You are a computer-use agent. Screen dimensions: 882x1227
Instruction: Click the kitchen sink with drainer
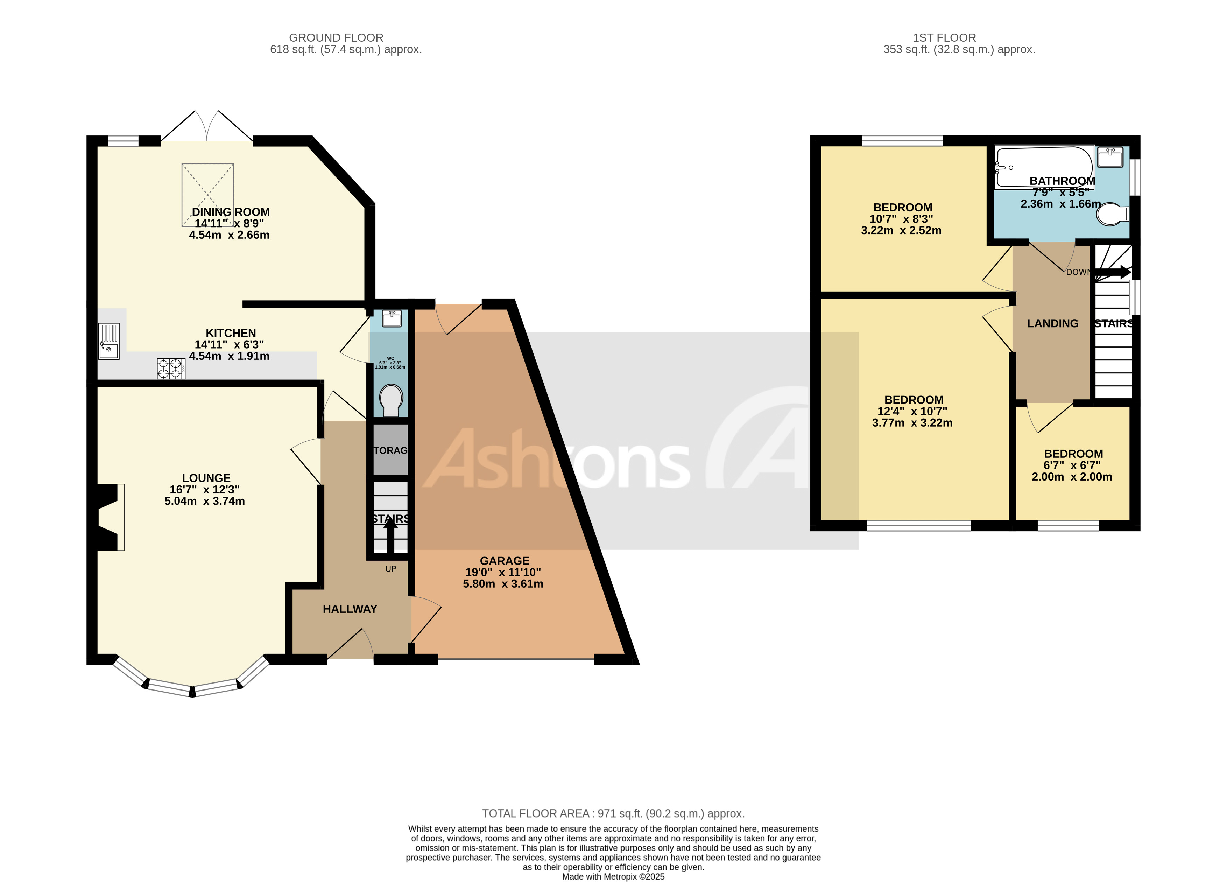[108, 341]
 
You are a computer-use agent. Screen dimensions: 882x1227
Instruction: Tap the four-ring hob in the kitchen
[170, 369]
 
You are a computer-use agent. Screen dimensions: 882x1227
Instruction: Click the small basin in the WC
[391, 319]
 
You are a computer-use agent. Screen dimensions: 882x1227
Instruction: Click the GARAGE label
[504, 561]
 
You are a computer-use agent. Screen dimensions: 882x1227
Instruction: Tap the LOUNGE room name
[206, 478]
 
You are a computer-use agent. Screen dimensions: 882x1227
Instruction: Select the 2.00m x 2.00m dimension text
[1072, 477]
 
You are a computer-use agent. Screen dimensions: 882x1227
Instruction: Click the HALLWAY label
[350, 609]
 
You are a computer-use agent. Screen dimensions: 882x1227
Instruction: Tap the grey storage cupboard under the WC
[390, 450]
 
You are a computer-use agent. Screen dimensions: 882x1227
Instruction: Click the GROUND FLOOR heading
[336, 38]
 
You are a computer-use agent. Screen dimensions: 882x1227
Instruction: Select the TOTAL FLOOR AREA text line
[613, 813]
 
